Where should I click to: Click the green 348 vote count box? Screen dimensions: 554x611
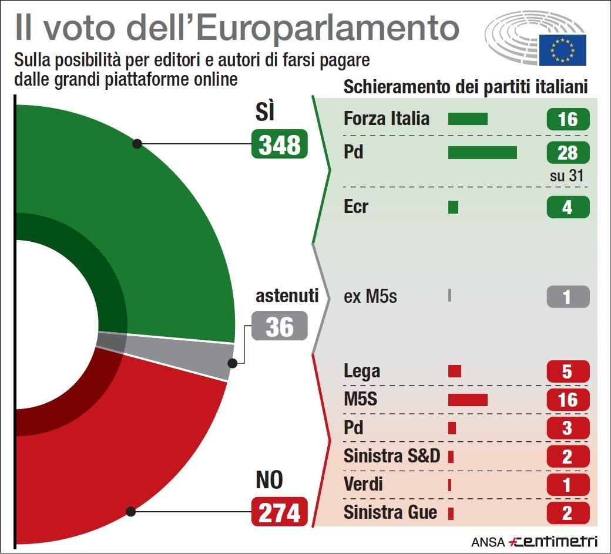(x=280, y=144)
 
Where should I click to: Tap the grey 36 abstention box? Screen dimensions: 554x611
(x=280, y=326)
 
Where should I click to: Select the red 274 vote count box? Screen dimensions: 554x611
(x=280, y=512)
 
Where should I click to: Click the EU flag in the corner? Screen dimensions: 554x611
(x=563, y=49)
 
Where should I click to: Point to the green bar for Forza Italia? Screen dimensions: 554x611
(x=468, y=119)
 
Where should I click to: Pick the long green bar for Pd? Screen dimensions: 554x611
(x=482, y=153)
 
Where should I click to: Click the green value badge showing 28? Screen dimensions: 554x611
(x=568, y=153)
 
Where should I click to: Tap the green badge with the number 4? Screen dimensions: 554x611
(x=568, y=207)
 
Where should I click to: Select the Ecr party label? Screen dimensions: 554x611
(x=356, y=207)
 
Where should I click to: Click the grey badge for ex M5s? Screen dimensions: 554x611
(x=568, y=296)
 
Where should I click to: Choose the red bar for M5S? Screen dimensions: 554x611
(x=468, y=400)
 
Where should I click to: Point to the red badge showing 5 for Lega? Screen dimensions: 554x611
(x=568, y=371)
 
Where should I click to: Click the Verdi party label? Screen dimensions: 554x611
(x=363, y=484)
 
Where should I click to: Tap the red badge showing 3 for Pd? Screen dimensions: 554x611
(x=568, y=428)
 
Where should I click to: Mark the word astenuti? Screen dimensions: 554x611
(x=287, y=295)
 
